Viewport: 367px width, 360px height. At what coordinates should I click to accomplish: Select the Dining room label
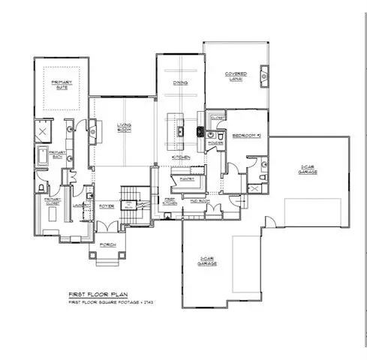pos(180,83)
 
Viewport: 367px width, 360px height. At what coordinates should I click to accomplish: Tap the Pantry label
pos(184,180)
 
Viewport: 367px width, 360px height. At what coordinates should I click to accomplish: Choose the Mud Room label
pos(199,202)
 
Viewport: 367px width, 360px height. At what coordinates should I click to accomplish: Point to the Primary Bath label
pos(58,154)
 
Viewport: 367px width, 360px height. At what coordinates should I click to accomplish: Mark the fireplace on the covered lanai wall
pos(264,76)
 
